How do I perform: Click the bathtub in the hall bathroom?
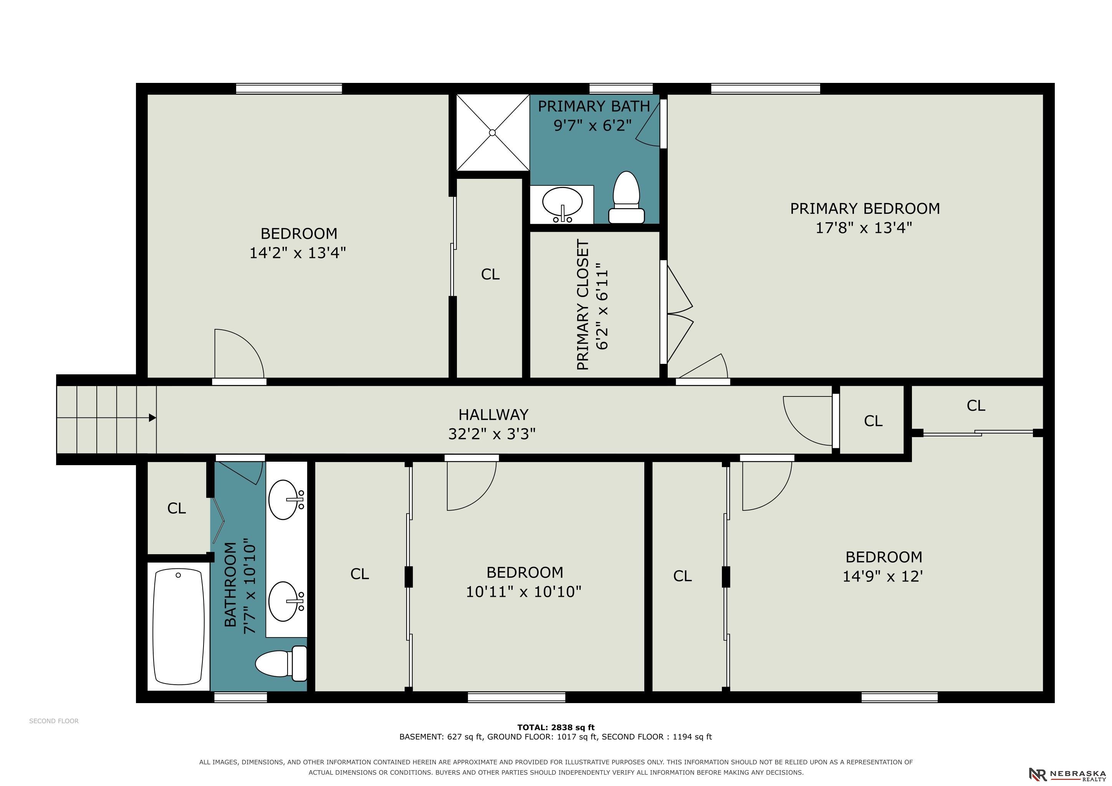coord(178,627)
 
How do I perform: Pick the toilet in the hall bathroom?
coord(281,664)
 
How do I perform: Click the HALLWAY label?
coord(493,415)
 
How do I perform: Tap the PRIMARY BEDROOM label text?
coord(865,209)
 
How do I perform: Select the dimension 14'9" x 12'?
coord(883,576)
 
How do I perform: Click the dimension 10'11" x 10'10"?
coord(523,591)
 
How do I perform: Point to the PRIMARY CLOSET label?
coord(583,305)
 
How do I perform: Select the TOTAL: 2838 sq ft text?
coord(556,727)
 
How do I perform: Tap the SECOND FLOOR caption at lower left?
coord(54,721)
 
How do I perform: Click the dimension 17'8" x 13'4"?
coord(864,228)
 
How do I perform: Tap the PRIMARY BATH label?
coord(594,106)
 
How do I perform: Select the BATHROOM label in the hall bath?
coord(230,584)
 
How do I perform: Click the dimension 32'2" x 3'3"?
coord(491,434)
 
